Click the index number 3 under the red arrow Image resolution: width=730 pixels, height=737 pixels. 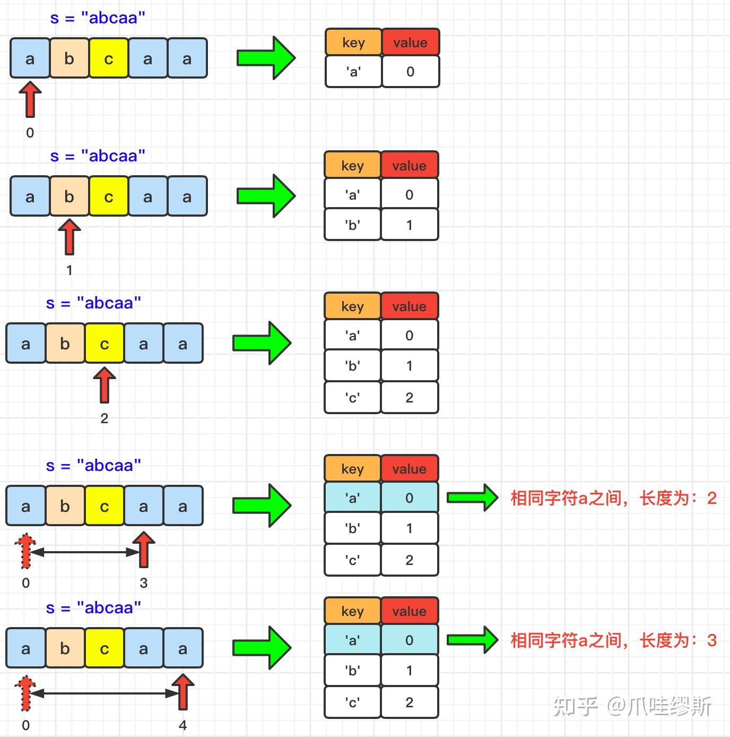(x=143, y=583)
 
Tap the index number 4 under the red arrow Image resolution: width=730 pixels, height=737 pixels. (x=183, y=725)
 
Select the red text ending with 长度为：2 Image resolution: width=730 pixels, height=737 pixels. (x=613, y=498)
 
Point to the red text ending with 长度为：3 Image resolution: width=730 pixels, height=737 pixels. (x=613, y=640)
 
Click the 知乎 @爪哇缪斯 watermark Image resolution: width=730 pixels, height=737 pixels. (x=632, y=707)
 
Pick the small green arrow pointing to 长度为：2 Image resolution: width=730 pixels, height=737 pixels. (x=472, y=498)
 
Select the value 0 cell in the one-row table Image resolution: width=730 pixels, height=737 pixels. (x=410, y=72)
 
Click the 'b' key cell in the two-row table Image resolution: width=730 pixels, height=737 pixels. (x=352, y=225)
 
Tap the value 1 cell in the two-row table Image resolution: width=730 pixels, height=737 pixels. (x=409, y=225)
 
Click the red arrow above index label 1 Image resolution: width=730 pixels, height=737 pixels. (x=69, y=237)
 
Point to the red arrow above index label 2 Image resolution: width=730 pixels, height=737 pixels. (x=105, y=385)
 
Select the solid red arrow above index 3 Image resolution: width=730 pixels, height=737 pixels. (x=143, y=550)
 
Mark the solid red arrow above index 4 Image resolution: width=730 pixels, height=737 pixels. (x=183, y=691)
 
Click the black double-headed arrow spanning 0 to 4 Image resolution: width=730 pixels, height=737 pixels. (x=104, y=693)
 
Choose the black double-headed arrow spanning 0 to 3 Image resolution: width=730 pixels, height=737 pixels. (x=84, y=552)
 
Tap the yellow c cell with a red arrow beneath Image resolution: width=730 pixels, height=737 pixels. (x=105, y=344)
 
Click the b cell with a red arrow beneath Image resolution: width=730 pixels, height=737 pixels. (x=69, y=196)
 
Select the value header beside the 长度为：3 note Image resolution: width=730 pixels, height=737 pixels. (x=409, y=611)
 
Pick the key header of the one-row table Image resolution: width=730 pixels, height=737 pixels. (x=353, y=42)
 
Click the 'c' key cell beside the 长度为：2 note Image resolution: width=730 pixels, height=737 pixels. (x=352, y=560)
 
